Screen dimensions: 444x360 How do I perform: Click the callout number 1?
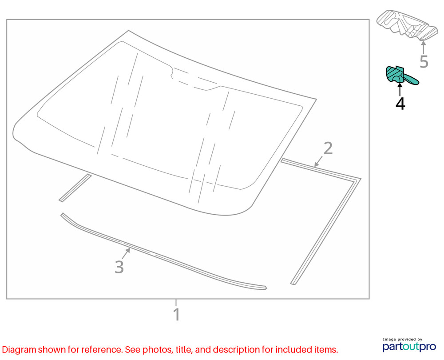176,314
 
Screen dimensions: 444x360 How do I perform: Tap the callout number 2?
328,148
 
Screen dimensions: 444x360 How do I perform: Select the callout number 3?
119,267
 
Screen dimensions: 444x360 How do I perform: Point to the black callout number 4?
400,104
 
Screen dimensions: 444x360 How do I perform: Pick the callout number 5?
424,61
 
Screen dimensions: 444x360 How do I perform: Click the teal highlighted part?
401,76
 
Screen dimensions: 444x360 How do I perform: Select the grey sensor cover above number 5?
407,25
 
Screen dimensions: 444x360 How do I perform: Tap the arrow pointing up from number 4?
400,90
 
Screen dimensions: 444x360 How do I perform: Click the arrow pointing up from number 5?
423,48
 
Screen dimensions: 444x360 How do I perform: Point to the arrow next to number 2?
319,161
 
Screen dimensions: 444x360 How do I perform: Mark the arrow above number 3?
126,253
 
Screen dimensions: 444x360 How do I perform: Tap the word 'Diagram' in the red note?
19,350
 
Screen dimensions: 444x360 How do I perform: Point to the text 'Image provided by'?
402,339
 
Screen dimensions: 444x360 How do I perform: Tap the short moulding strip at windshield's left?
75,188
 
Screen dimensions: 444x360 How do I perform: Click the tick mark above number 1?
176,302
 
